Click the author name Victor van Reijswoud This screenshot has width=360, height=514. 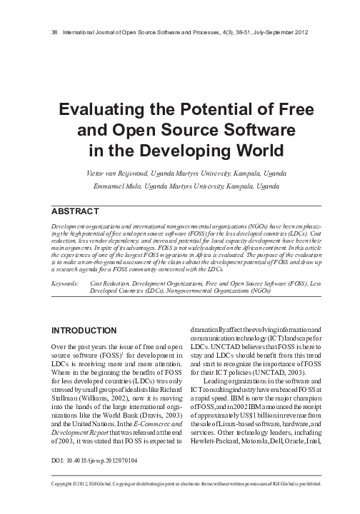[x=129, y=174]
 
